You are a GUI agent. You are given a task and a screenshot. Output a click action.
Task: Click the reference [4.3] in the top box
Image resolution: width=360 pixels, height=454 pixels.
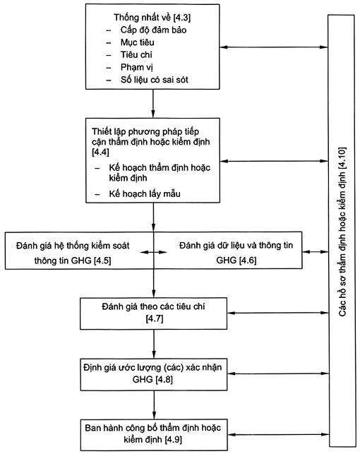pyautogui.click(x=181, y=18)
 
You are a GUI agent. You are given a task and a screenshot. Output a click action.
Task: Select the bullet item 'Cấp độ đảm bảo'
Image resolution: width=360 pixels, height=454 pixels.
pyautogui.click(x=153, y=30)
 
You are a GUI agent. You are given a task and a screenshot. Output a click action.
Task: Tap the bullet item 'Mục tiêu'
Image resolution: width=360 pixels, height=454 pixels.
pyautogui.click(x=137, y=42)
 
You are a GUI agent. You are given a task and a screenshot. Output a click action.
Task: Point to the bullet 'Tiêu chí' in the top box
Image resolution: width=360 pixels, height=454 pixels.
pyautogui.click(x=136, y=55)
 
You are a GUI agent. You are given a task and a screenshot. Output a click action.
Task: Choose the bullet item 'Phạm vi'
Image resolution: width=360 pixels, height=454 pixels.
pyautogui.click(x=137, y=68)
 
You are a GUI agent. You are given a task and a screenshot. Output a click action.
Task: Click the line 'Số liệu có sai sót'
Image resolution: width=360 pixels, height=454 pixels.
pyautogui.click(x=155, y=80)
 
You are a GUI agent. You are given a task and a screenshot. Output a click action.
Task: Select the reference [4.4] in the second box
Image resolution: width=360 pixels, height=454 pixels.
pyautogui.click(x=100, y=152)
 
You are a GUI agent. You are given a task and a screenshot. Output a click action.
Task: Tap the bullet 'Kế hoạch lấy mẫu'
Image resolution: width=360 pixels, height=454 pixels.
pyautogui.click(x=145, y=193)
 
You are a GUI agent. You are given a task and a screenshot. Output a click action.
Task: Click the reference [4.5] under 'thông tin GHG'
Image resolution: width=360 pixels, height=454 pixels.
pyautogui.click(x=102, y=261)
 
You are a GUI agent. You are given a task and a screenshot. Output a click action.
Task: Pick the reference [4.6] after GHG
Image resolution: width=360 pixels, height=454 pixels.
pyautogui.click(x=248, y=261)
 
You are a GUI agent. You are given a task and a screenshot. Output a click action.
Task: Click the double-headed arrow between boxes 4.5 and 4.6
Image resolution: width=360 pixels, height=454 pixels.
pyautogui.click(x=154, y=252)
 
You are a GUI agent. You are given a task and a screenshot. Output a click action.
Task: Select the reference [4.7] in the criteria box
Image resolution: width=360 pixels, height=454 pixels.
pyautogui.click(x=155, y=318)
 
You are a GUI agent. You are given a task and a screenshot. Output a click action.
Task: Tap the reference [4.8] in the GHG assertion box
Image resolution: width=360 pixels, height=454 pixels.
pyautogui.click(x=164, y=379)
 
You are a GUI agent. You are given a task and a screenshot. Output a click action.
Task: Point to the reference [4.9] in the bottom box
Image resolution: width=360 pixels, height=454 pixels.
pyautogui.click(x=173, y=440)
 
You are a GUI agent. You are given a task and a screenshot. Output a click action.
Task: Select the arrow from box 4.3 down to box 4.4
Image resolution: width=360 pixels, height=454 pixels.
pyautogui.click(x=152, y=104)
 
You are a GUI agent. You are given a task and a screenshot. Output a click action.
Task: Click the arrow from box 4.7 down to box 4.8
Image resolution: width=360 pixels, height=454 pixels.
pyautogui.click(x=154, y=344)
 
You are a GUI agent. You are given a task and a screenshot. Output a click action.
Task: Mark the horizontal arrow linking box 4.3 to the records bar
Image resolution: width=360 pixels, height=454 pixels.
pyautogui.click(x=274, y=47)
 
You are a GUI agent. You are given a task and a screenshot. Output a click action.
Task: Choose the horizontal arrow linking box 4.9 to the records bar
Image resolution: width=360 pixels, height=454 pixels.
pyautogui.click(x=278, y=434)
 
